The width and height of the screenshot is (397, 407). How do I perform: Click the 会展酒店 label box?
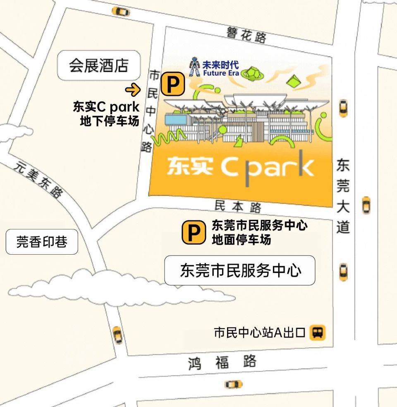pos(99,65)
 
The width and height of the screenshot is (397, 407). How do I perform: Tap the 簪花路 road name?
pos(246,35)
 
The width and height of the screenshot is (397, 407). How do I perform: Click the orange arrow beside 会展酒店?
pos(133,89)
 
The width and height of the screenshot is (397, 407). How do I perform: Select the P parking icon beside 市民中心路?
pos(172,84)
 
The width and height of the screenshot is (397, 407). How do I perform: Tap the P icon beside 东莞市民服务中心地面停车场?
pos(194,232)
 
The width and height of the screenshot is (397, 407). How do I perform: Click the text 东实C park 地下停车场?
pos(107,113)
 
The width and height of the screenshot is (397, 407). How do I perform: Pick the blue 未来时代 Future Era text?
pos(221,69)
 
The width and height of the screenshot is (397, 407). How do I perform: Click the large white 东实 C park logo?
pos(240,166)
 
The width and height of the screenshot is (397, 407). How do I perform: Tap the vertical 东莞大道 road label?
pos(342,196)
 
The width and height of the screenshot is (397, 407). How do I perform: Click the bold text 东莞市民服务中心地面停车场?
pos(259,232)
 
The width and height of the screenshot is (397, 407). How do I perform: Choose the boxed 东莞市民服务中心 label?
pos(240,270)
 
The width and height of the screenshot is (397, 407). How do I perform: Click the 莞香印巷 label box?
pos(42,242)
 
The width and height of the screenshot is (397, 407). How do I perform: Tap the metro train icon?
pos(318,332)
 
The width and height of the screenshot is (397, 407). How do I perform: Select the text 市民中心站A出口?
pos(259,332)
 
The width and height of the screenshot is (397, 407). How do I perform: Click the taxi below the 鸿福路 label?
pos(234,384)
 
